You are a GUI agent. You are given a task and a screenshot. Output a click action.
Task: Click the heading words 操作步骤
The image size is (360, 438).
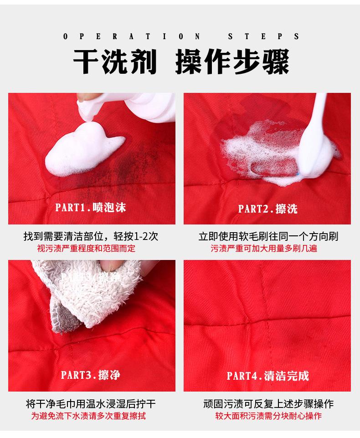pyautogui.click(x=232, y=62)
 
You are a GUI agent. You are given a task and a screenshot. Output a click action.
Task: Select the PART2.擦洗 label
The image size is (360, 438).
pyautogui.click(x=267, y=209)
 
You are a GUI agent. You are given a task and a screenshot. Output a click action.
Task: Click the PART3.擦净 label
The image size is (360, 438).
pyautogui.click(x=90, y=375)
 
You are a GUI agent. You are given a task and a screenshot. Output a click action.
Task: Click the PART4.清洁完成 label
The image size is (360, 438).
pyautogui.click(x=267, y=376)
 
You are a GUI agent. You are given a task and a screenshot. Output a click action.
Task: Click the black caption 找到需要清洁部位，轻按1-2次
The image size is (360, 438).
pyautogui.click(x=91, y=237)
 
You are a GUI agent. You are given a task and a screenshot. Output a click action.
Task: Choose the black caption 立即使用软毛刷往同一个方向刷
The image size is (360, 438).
pyautogui.click(x=268, y=237)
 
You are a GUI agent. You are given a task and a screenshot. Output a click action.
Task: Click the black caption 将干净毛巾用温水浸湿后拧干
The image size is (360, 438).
pyautogui.click(x=91, y=404)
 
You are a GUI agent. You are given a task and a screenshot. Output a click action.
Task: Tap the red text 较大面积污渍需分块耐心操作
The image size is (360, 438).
pyautogui.click(x=268, y=416)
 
